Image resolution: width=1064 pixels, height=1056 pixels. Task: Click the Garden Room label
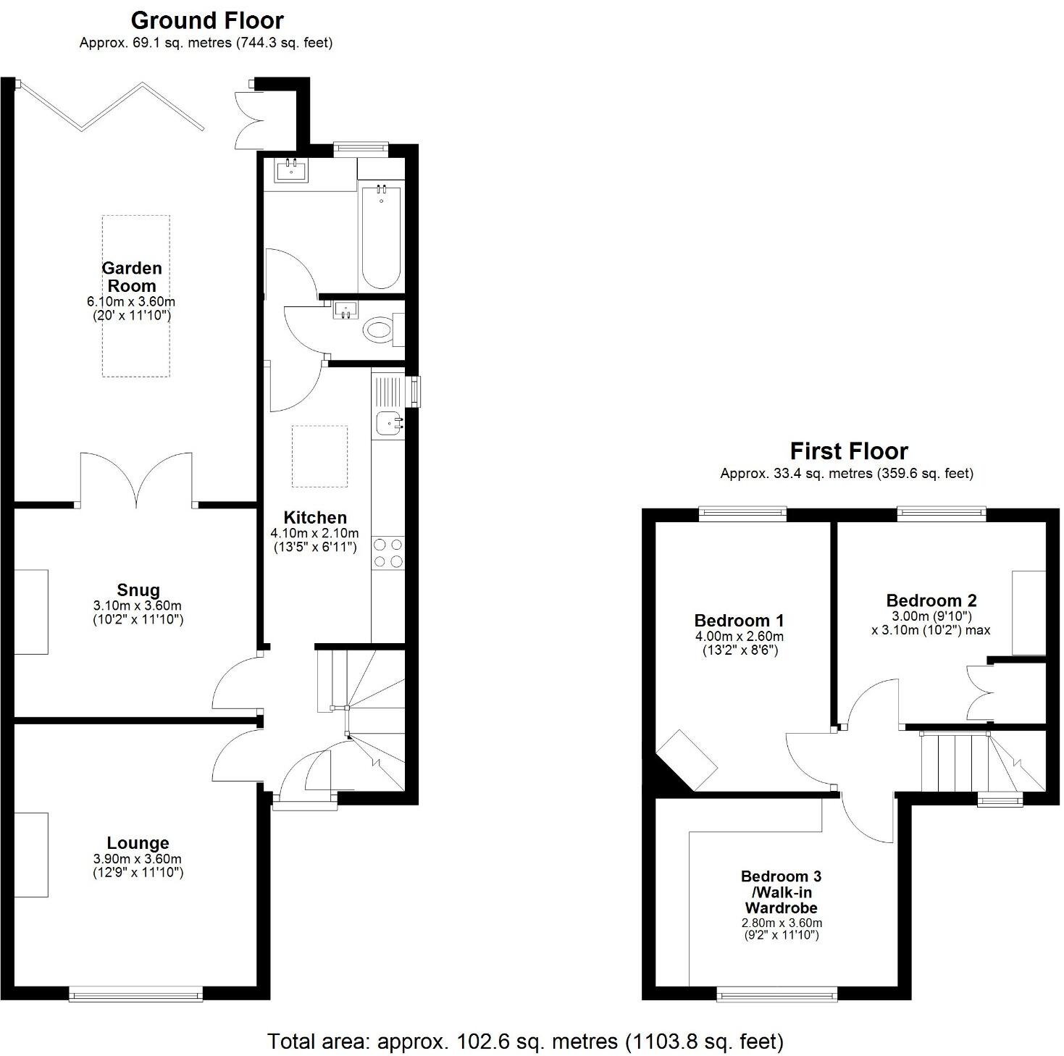(x=132, y=277)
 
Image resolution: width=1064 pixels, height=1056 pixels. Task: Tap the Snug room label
(x=138, y=590)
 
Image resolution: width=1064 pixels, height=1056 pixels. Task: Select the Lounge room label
(x=138, y=843)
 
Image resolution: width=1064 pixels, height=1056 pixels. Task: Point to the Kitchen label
(x=315, y=517)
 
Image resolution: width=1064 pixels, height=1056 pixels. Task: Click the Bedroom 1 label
(x=739, y=621)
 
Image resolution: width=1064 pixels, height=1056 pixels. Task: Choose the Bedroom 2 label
(x=931, y=600)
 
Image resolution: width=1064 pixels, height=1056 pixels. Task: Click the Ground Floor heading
(x=207, y=20)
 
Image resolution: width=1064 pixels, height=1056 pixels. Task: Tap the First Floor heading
(x=849, y=451)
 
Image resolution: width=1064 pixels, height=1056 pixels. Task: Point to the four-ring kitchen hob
(x=388, y=553)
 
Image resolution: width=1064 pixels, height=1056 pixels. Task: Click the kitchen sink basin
(x=388, y=422)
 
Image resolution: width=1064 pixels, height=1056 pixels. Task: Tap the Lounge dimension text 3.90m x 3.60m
(x=138, y=859)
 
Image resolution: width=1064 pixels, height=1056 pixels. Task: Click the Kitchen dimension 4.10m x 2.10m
(x=315, y=533)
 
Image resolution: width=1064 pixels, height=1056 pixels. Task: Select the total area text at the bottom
(x=526, y=1042)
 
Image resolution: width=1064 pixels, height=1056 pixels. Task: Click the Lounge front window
(x=136, y=996)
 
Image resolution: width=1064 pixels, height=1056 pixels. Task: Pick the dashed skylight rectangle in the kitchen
(x=319, y=456)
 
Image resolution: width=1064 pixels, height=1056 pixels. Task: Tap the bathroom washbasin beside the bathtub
(x=292, y=171)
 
